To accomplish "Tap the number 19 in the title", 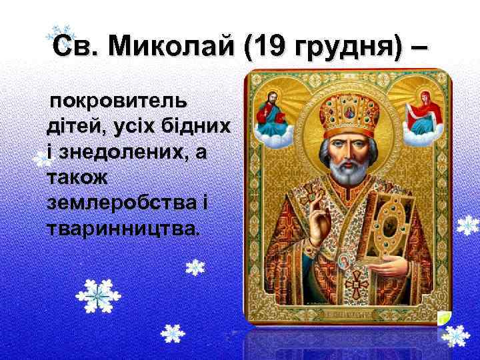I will point(265,47).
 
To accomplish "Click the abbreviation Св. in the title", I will point(73,47).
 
